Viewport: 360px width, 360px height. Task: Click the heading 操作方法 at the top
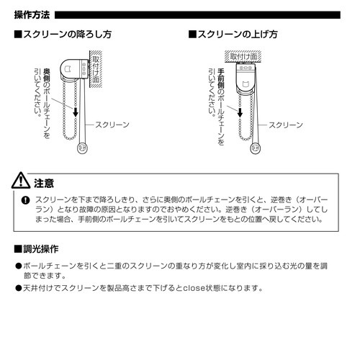point(31,14)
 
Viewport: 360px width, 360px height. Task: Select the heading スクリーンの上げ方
point(234,35)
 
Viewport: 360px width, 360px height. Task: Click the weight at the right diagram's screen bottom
point(254,149)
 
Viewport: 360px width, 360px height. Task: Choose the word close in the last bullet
point(183,289)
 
